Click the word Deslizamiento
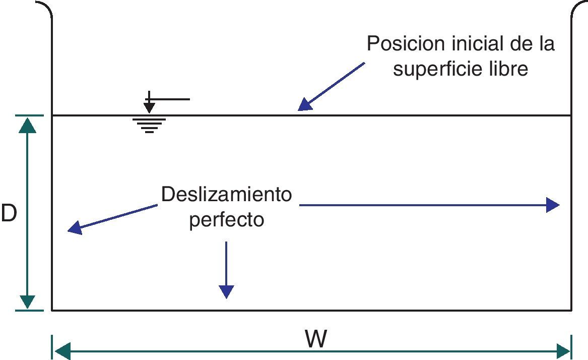(x=226, y=194)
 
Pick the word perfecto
(x=226, y=220)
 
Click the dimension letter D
(x=9, y=214)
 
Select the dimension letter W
(x=316, y=339)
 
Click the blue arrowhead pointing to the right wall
(x=553, y=205)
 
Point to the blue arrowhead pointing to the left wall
(x=75, y=228)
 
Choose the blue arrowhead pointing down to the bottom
(x=226, y=291)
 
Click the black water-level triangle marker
(x=149, y=107)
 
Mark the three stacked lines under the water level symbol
(x=149, y=126)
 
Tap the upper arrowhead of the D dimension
(x=27, y=125)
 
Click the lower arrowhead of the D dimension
(x=27, y=301)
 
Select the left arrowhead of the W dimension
(x=61, y=350)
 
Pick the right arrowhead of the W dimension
(x=562, y=350)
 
